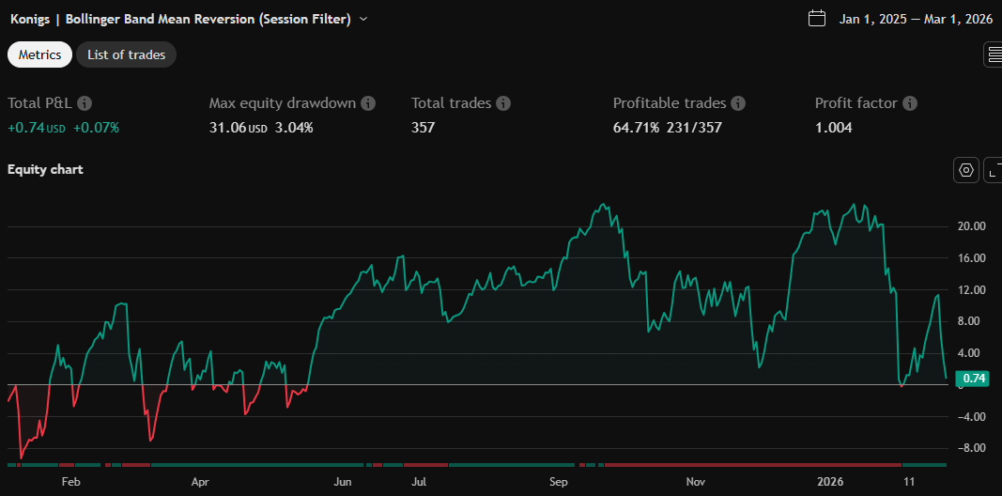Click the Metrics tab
(40, 54)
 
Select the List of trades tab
(126, 54)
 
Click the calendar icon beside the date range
(816, 19)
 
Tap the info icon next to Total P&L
(85, 103)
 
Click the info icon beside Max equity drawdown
(368, 103)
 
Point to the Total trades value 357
(423, 127)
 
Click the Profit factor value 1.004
(833, 127)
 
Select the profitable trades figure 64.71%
(638, 127)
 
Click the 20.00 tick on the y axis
(971, 226)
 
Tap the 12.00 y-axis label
(971, 290)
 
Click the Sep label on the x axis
(559, 482)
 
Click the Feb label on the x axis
(71, 482)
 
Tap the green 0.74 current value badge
(975, 379)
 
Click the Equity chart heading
(45, 170)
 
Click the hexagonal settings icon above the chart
(965, 170)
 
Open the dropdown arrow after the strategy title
(363, 19)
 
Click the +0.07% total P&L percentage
(96, 127)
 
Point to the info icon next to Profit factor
(909, 103)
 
